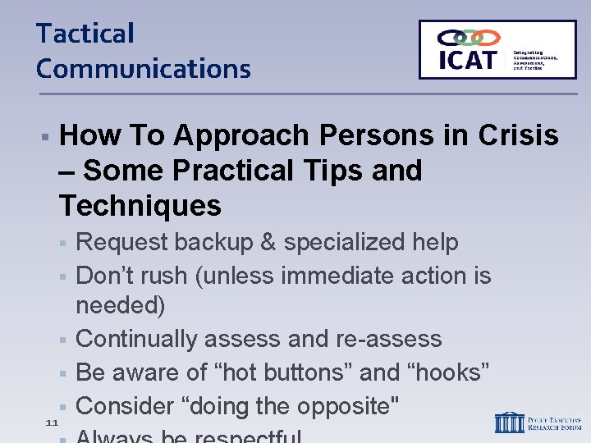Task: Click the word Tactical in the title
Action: coord(85,34)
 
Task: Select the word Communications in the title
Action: coord(143,68)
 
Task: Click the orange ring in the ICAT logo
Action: coord(488,38)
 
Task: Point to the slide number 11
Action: coord(51,422)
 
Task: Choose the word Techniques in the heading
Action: coord(140,205)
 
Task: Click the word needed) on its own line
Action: coord(120,306)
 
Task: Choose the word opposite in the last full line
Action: coord(341,406)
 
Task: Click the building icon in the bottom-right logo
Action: coord(509,422)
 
